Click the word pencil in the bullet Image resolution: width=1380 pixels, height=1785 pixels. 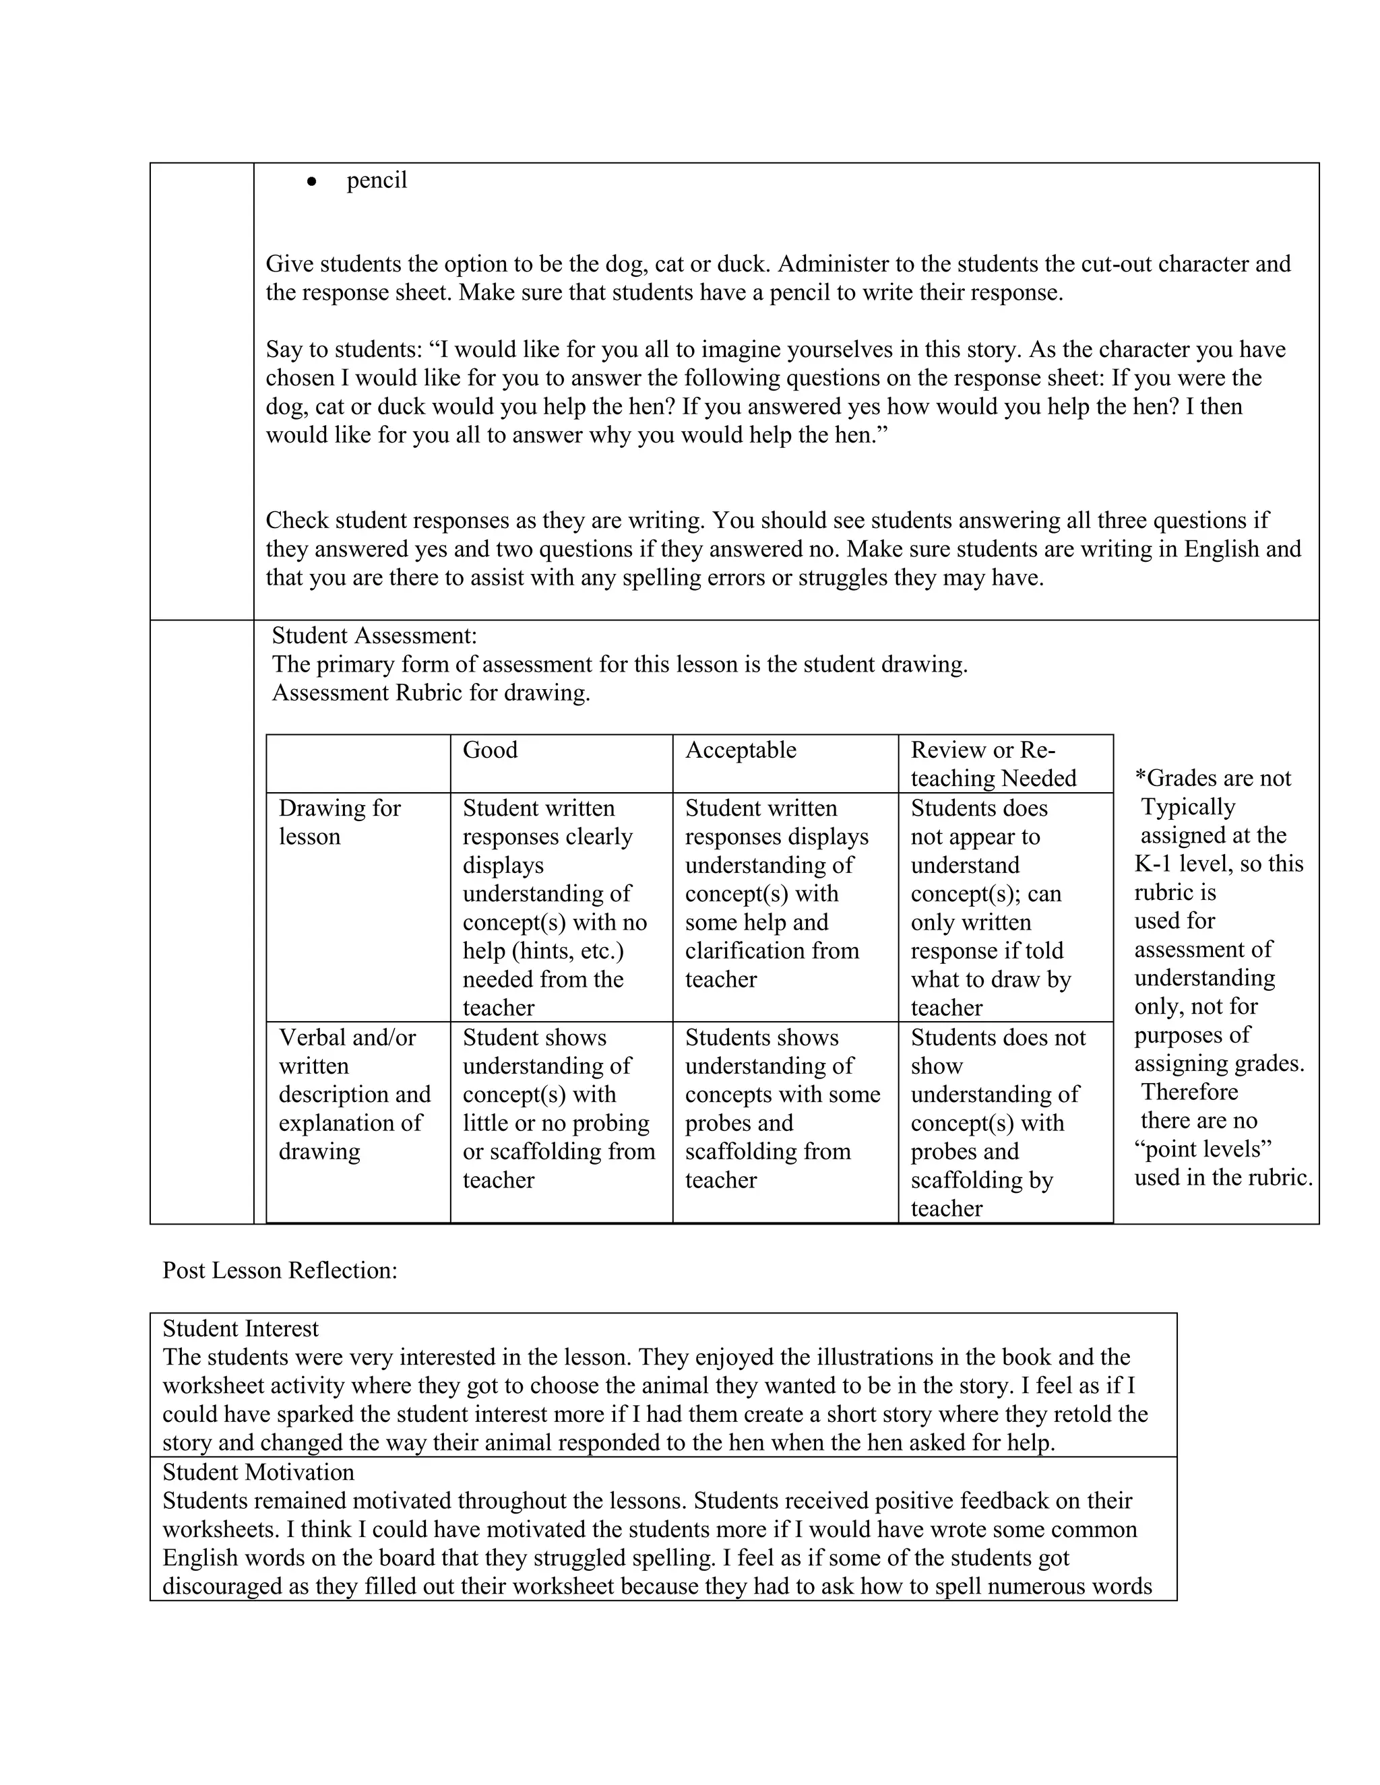point(376,181)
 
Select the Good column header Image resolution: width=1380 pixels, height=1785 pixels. point(490,750)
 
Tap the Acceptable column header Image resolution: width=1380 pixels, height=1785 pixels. point(740,750)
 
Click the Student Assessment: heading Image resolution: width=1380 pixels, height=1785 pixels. point(373,635)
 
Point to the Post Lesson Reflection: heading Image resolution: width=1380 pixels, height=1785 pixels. point(280,1270)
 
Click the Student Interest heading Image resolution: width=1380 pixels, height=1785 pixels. point(241,1328)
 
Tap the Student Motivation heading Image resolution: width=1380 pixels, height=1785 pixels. point(258,1472)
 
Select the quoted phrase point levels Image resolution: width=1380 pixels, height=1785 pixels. point(1203,1149)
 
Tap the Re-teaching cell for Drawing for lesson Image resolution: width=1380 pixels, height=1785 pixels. point(991,907)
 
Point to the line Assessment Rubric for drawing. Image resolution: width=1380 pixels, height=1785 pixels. point(431,693)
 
